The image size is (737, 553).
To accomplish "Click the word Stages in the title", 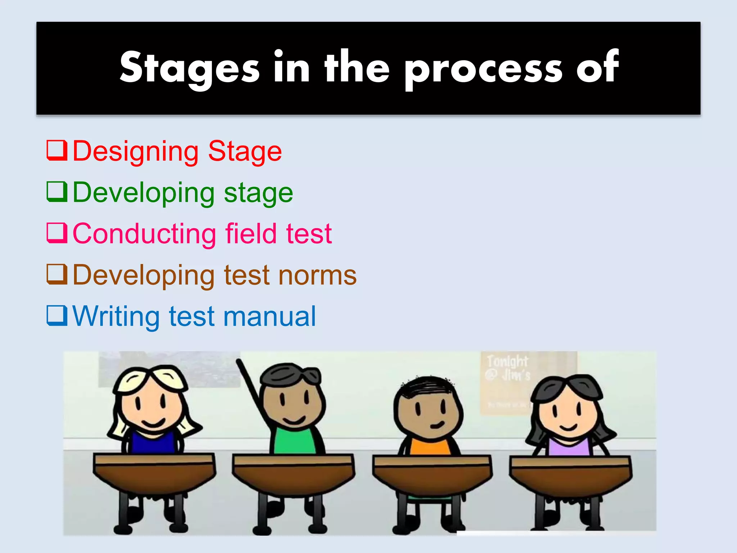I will coord(190,68).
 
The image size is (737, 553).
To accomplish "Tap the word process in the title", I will coord(483,68).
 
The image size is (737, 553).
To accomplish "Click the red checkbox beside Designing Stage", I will coord(57,150).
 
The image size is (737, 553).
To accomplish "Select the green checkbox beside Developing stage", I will coord(57,192).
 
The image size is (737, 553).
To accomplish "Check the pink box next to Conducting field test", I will coord(57,233).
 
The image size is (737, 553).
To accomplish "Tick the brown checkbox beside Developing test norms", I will coord(57,274).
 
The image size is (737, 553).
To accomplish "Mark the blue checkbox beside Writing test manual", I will coord(57,316).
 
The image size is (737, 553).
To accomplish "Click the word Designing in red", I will coord(135,151).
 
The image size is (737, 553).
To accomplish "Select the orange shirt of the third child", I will coord(430,446).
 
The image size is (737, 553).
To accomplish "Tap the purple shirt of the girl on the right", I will coord(569,446).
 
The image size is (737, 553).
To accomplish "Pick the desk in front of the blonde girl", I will coord(154,475).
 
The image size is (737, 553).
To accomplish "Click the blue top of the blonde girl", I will coord(153,443).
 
